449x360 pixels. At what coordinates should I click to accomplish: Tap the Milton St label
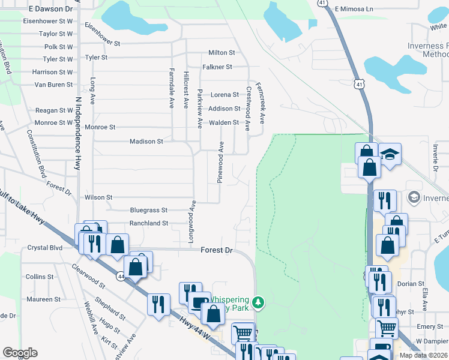(221, 53)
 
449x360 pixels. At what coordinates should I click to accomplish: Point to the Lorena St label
(224, 95)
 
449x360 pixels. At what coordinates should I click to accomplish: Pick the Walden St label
(223, 123)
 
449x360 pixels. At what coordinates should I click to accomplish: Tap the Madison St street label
(147, 142)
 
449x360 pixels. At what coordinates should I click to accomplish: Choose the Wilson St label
(98, 197)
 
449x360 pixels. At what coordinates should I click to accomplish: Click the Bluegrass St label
(148, 211)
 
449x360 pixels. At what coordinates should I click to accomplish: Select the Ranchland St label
(149, 223)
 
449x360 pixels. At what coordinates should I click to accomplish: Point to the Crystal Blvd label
(45, 248)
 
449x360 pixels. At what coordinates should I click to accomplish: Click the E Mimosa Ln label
(354, 9)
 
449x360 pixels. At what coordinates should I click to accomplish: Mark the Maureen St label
(43, 299)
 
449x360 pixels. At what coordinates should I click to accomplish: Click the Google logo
(20, 353)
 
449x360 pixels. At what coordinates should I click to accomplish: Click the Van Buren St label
(53, 85)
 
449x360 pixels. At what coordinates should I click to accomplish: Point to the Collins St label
(40, 277)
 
